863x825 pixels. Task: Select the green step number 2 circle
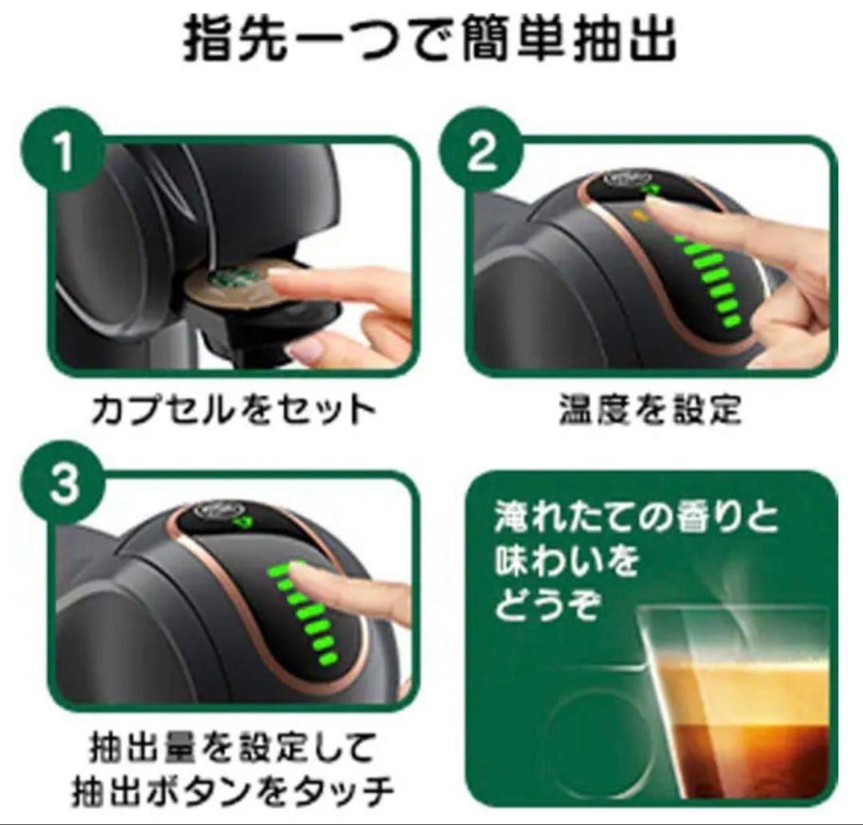[x=481, y=152]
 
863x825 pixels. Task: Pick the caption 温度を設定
[x=650, y=410]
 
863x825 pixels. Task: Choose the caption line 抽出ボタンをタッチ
[x=233, y=791]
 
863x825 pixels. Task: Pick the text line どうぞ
[x=547, y=605]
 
